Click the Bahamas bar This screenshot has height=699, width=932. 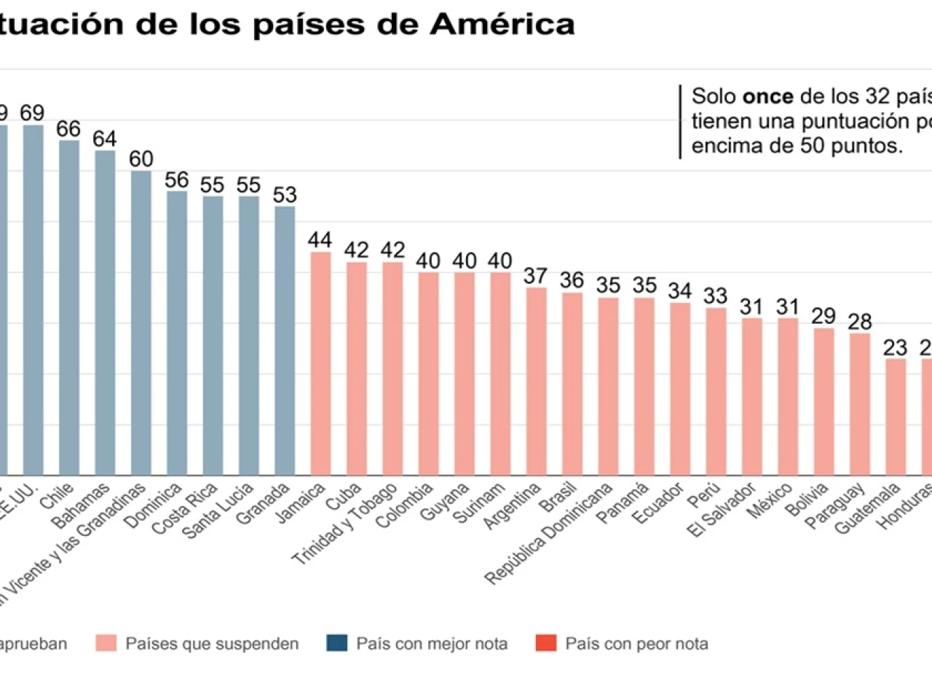coord(105,313)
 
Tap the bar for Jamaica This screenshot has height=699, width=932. coord(320,363)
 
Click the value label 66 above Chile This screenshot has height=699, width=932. coord(68,129)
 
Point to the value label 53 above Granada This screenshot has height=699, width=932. coord(285,195)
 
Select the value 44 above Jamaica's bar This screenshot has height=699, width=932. coord(320,240)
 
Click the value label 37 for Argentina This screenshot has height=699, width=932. coord(536,276)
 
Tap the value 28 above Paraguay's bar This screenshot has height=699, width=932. coord(860,321)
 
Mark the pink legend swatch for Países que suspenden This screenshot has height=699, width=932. coord(106,644)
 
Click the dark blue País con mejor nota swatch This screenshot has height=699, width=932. coord(337,644)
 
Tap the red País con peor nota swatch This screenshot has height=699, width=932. coord(546,644)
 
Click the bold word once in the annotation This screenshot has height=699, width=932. coord(767,96)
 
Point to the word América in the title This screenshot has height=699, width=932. coord(502,24)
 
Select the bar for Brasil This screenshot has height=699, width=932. coord(572,384)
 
